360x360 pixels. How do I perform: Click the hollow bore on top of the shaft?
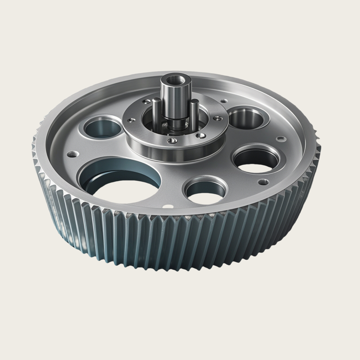173,79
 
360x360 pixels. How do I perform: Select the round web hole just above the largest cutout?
102,127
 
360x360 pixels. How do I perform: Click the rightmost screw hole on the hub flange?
218,118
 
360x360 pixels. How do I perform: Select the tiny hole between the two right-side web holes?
281,138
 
